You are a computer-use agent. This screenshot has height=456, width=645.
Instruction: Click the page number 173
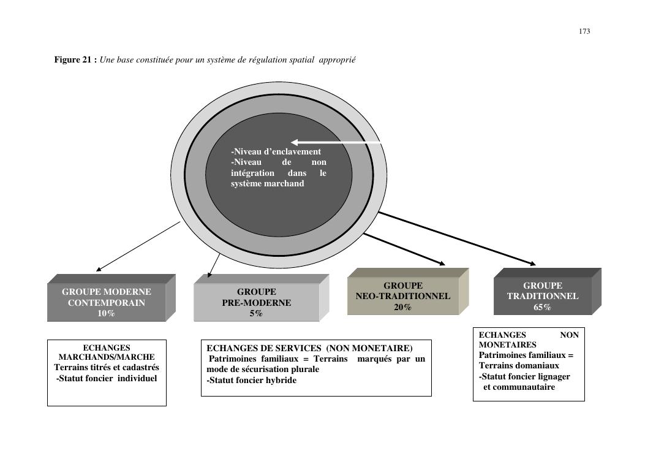click(584, 31)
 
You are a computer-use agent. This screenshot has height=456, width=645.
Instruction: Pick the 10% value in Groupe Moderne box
click(106, 313)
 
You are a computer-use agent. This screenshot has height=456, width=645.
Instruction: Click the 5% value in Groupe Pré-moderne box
click(256, 313)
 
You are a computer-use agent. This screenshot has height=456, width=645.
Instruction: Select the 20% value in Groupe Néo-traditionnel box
click(402, 307)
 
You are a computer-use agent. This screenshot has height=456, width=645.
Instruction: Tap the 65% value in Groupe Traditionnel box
click(542, 307)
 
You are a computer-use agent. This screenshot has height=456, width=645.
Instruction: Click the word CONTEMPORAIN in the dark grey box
click(106, 303)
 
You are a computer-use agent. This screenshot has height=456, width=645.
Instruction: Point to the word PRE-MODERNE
click(256, 303)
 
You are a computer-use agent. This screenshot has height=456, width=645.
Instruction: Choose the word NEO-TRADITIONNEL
click(402, 296)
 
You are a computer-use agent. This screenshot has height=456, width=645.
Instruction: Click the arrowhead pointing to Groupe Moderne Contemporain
click(99, 268)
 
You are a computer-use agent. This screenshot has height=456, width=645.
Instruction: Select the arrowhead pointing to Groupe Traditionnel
click(532, 264)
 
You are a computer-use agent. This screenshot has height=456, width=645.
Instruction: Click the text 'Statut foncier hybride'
click(252, 380)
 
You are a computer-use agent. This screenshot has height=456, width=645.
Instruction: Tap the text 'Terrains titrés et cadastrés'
click(107, 367)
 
